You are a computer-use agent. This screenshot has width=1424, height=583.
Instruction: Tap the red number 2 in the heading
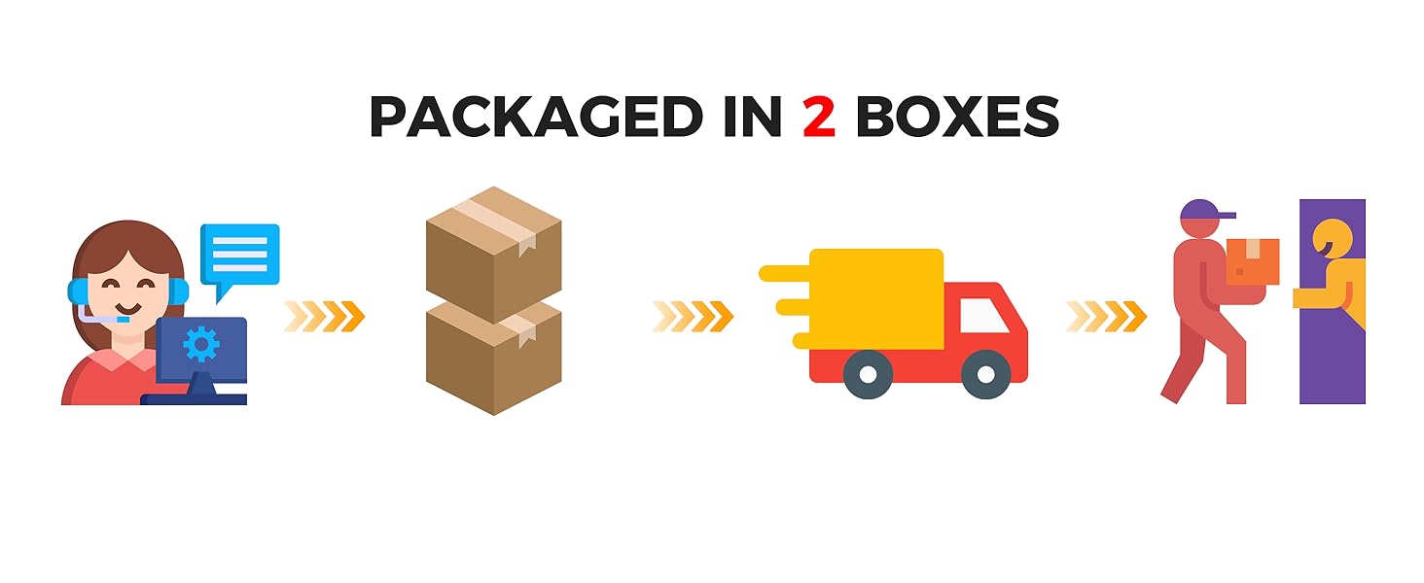pyautogui.click(x=819, y=118)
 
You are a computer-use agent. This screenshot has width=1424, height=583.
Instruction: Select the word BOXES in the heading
pyautogui.click(x=957, y=118)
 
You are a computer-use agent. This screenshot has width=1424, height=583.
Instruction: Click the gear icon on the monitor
pyautogui.click(x=201, y=344)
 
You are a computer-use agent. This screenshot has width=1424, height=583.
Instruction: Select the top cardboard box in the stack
pyautogui.click(x=494, y=252)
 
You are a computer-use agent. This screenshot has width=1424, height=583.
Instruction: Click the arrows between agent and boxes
pyautogui.click(x=324, y=317)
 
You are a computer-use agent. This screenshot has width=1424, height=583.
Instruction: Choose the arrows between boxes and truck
pyautogui.click(x=693, y=317)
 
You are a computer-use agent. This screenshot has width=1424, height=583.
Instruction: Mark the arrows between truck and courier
pyautogui.click(x=1106, y=317)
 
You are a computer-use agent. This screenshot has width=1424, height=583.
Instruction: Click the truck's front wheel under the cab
pyautogui.click(x=985, y=374)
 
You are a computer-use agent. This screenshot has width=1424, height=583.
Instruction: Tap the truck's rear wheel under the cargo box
pyautogui.click(x=868, y=374)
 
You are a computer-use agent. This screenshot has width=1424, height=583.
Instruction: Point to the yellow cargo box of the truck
pyautogui.click(x=875, y=297)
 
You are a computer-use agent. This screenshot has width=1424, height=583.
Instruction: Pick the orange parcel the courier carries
pyautogui.click(x=1252, y=261)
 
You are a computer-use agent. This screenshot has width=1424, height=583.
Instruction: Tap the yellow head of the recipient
pyautogui.click(x=1330, y=239)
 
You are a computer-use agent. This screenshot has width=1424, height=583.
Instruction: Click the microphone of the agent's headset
pyautogui.click(x=121, y=319)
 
